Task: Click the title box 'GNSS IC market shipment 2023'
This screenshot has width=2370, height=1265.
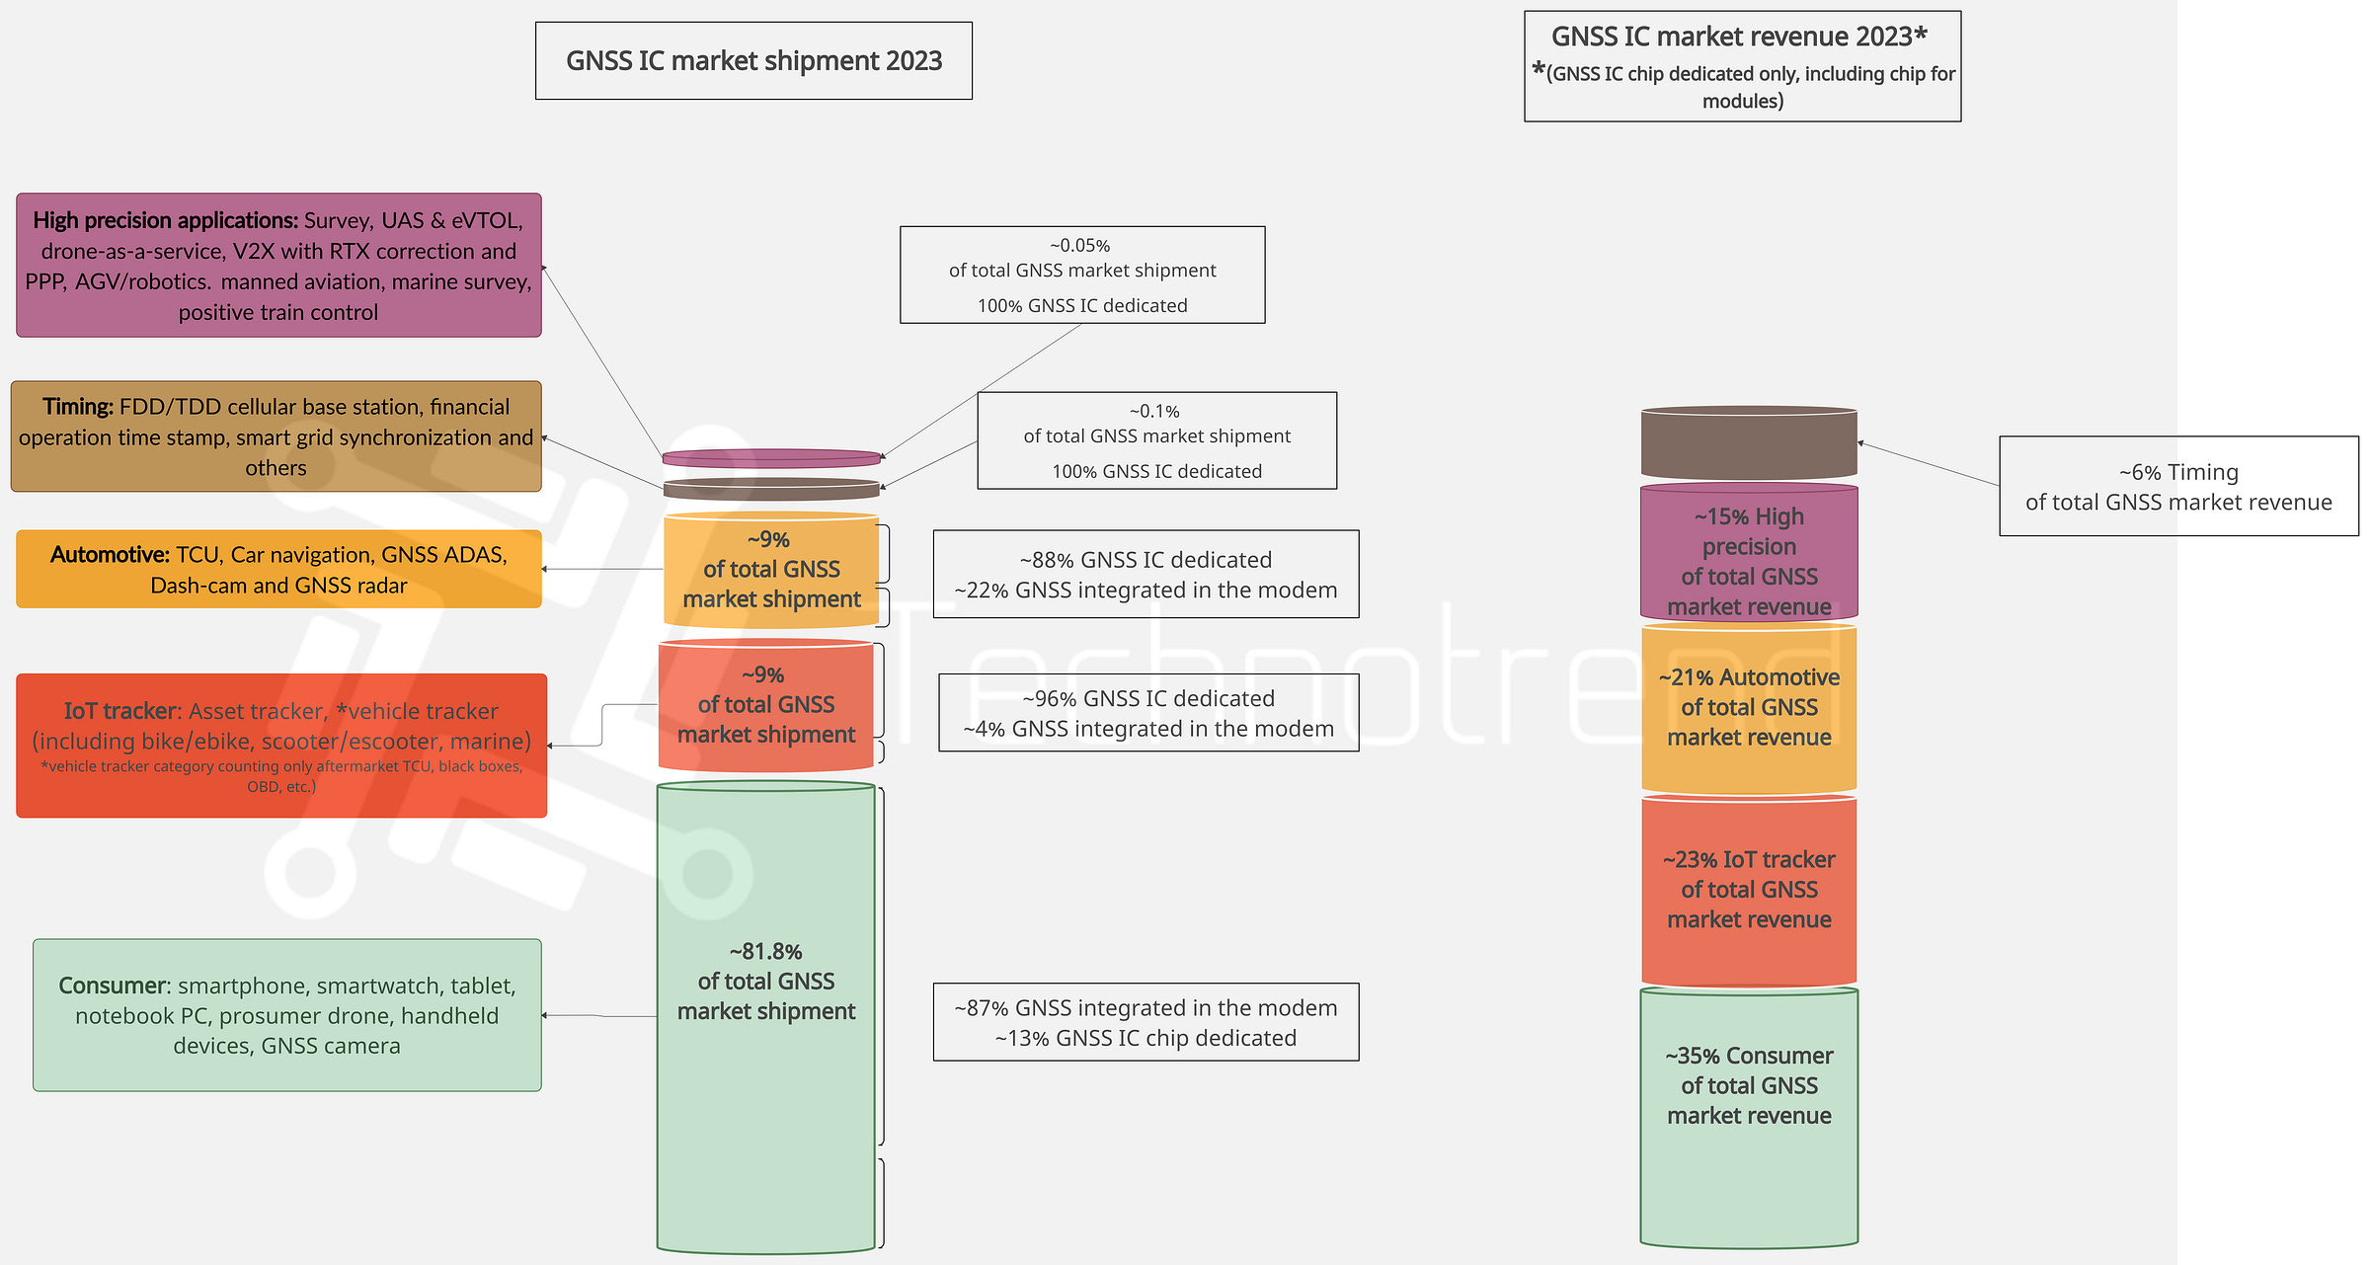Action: point(753,61)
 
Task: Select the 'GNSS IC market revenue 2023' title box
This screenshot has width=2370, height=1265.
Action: point(1742,67)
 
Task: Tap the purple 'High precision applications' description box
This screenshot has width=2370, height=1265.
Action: point(278,266)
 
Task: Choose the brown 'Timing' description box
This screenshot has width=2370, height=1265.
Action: point(276,436)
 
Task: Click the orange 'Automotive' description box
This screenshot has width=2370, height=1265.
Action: point(278,570)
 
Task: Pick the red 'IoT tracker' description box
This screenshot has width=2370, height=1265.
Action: point(281,746)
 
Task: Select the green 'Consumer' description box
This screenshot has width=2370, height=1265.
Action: point(286,1015)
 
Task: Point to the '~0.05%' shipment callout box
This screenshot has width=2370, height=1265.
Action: point(1082,276)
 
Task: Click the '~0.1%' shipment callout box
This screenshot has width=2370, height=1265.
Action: point(1156,440)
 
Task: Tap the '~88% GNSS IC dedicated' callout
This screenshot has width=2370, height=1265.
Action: point(1145,575)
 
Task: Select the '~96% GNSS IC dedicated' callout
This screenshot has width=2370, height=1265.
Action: point(1148,713)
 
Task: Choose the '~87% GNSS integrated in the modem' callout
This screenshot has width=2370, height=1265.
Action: point(1145,1022)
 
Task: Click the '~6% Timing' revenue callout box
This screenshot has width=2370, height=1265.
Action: point(2178,487)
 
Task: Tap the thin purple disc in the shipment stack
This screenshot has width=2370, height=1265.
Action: point(771,458)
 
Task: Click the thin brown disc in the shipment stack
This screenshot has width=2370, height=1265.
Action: point(771,489)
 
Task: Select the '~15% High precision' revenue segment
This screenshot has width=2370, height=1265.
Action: point(1749,553)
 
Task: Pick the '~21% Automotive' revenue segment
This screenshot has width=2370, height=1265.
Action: point(1749,709)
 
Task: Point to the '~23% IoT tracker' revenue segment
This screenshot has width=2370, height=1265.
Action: point(1749,891)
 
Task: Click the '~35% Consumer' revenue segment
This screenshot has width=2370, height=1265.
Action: point(1749,1116)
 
